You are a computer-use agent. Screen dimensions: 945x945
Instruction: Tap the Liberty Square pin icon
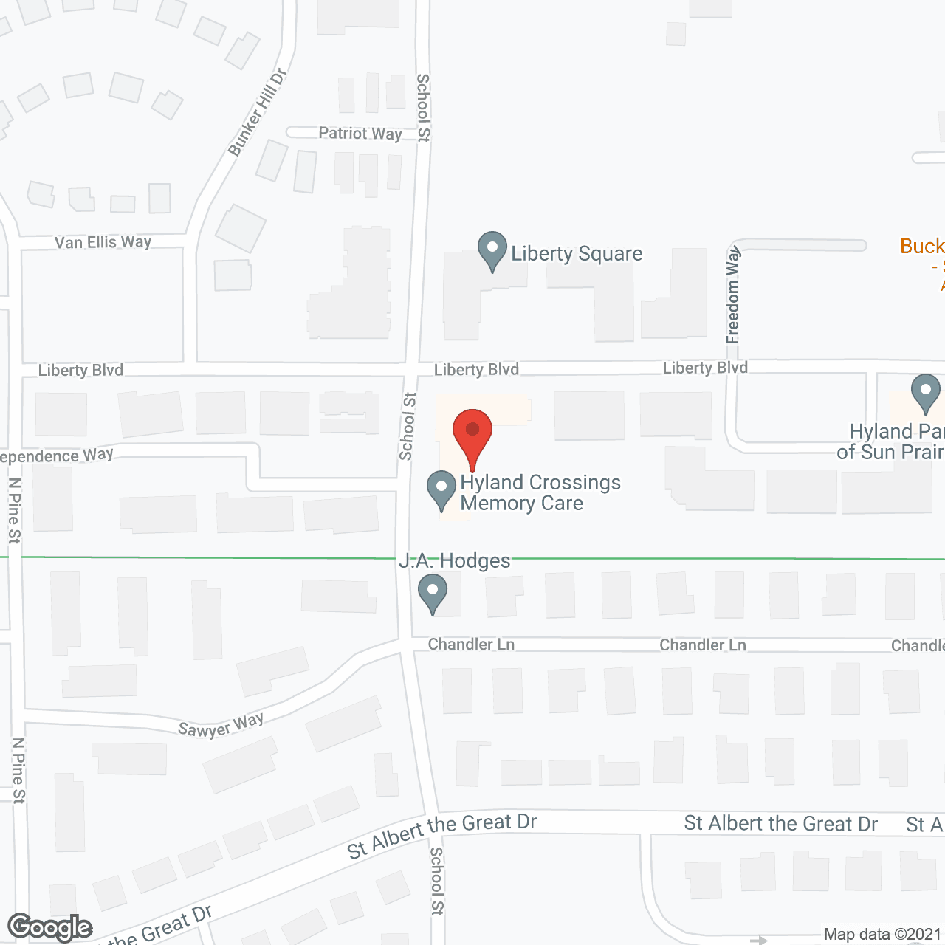[x=492, y=250]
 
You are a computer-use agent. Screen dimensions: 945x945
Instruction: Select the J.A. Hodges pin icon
[x=433, y=593]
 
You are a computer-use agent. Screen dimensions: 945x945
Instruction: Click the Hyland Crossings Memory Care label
[x=540, y=492]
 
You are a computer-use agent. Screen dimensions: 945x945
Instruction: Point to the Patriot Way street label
[x=360, y=134]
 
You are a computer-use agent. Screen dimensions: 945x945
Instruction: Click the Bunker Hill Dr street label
[x=257, y=113]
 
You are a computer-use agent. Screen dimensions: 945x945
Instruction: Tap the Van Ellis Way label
[x=103, y=242]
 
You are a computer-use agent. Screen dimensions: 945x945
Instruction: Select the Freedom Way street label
[x=733, y=295]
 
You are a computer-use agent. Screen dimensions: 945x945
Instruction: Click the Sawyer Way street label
[x=221, y=725]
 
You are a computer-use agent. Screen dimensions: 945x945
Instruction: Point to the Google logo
[x=50, y=927]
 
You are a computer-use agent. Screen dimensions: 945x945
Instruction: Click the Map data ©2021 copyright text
[x=883, y=935]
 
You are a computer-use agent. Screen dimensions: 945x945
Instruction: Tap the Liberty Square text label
[x=577, y=254]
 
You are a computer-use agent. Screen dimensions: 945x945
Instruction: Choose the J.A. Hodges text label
[x=455, y=561]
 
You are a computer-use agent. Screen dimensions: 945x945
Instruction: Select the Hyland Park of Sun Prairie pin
[x=925, y=393]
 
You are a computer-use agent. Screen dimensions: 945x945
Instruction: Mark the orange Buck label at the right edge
[x=923, y=247]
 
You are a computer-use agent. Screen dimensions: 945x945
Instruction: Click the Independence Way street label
[x=57, y=456]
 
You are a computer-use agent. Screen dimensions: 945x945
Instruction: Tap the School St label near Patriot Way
[x=423, y=107]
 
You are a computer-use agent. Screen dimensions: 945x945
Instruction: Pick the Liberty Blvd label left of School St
[x=80, y=370]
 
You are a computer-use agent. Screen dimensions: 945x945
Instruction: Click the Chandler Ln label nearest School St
[x=471, y=645]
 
